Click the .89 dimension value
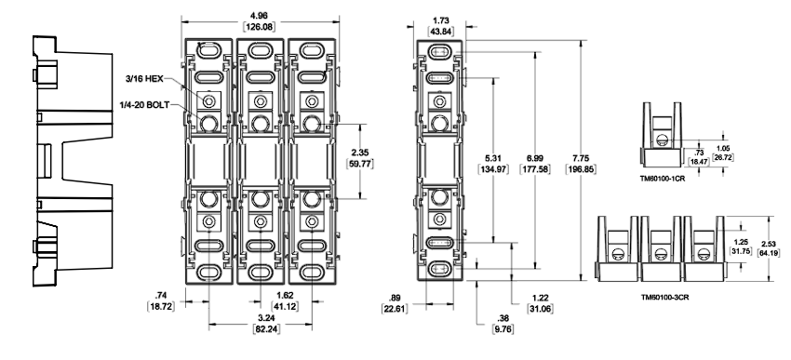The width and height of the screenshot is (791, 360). pyautogui.click(x=398, y=298)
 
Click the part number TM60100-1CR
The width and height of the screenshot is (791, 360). pyautogui.click(x=664, y=176)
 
